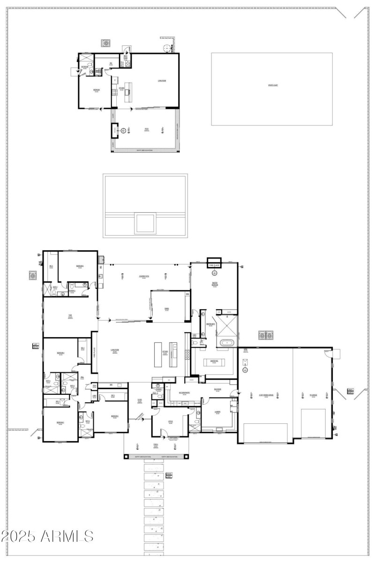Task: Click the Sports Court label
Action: point(272,85)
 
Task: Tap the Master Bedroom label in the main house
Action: point(215,284)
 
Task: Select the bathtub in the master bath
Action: point(227,343)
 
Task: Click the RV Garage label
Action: point(313,395)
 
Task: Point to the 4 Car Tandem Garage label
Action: point(265,395)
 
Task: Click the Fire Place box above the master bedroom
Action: point(214,265)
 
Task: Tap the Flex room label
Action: point(69,316)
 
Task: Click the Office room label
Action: point(171,421)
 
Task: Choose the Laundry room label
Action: point(218,412)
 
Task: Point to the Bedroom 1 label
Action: point(80,266)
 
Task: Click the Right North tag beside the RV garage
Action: point(350,391)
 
